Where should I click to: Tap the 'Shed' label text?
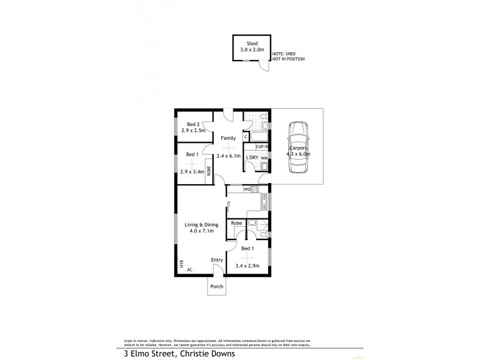(x=251, y=43)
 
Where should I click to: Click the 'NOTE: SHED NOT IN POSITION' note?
(x=288, y=56)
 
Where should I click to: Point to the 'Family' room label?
(x=227, y=138)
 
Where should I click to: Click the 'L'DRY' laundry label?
(x=252, y=157)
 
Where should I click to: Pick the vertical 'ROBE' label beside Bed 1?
(x=209, y=169)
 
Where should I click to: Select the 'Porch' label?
(x=217, y=286)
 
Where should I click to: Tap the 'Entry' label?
(x=217, y=260)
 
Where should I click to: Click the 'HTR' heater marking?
(x=180, y=263)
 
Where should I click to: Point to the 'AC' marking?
(x=190, y=270)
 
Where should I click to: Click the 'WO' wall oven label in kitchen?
(x=246, y=190)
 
